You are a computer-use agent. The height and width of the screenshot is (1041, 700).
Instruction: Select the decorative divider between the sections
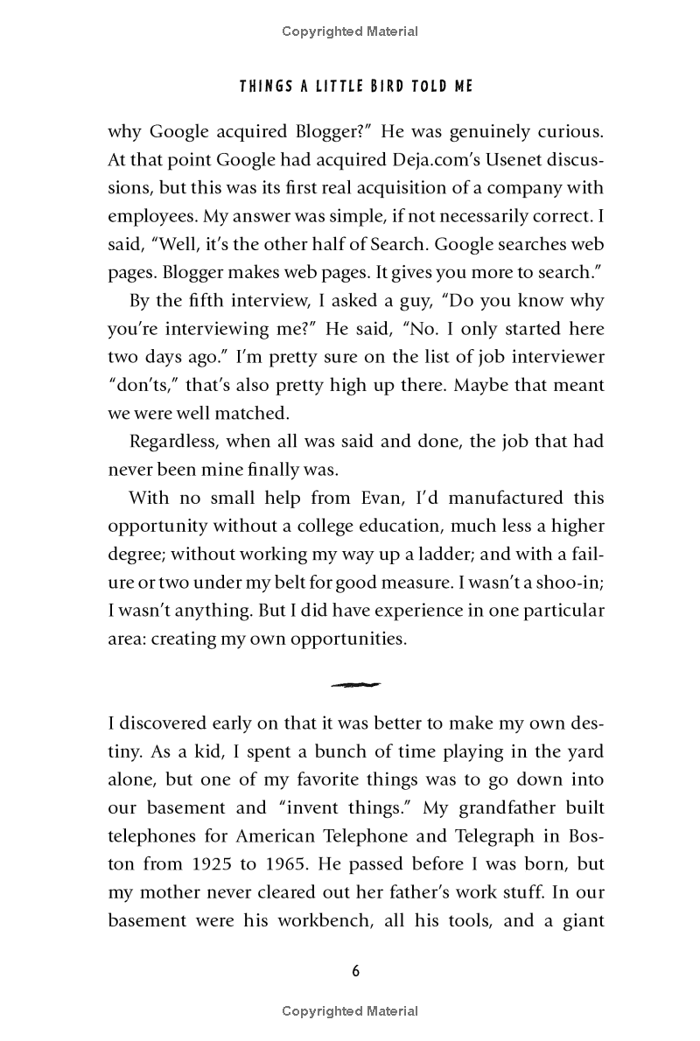(355, 684)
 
